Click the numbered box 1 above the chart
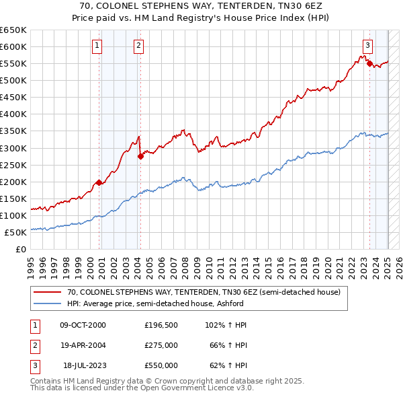point(97,46)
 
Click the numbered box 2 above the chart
point(138,46)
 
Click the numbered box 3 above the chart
point(368,46)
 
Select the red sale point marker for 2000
point(99,182)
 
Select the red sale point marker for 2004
point(140,156)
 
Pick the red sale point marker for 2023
point(369,63)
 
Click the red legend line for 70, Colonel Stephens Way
point(48,292)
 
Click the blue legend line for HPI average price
point(48,303)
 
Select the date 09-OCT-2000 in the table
point(83,325)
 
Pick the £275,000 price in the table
point(161,345)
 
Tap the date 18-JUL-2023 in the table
point(84,365)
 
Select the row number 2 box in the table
point(34,345)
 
